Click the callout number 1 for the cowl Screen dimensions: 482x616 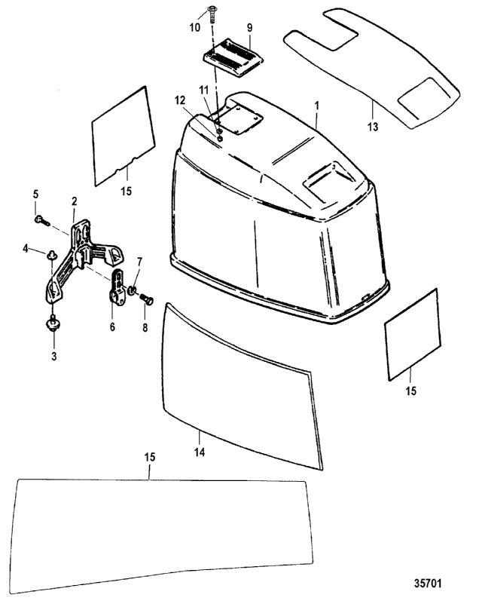pos(317,106)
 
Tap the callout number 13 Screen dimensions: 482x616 pos(373,127)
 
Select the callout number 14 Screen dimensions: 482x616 pos(200,452)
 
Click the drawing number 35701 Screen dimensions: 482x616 pos(428,583)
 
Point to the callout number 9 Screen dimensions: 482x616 pos(249,29)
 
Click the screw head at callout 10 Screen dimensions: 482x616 pos(212,8)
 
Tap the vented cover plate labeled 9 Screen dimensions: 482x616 pos(233,56)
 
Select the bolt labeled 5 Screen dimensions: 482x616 pos(41,221)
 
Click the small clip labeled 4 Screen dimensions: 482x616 pos(51,256)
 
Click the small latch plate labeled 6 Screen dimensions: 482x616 pos(117,287)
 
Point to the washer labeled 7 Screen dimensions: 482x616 pos(133,290)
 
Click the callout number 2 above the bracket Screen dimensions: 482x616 pos(75,202)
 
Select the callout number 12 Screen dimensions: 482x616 pos(180,100)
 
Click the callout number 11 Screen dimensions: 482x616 pos(203,90)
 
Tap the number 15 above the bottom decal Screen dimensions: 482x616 pos(150,457)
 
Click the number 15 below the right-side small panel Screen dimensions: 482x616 pos(410,391)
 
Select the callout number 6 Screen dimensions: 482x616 pos(112,327)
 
